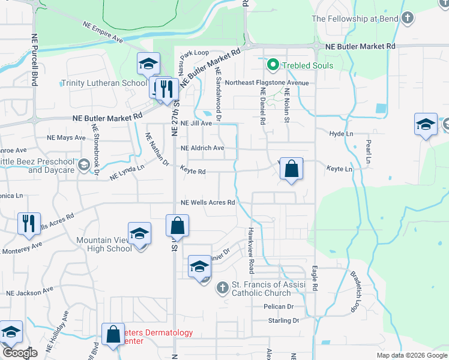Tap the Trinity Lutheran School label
pyautogui.click(x=104, y=83)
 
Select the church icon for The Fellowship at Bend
pyautogui.click(x=408, y=18)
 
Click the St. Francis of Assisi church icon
pyautogui.click(x=222, y=289)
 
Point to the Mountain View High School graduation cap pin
pyautogui.click(x=139, y=233)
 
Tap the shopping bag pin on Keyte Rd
pyautogui.click(x=291, y=169)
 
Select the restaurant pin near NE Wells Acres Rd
pyautogui.click(x=29, y=224)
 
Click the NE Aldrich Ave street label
pyautogui.click(x=202, y=148)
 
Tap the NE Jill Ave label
pyautogui.click(x=197, y=123)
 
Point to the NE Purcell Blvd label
pyautogui.click(x=35, y=59)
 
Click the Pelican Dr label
pyautogui.click(x=277, y=306)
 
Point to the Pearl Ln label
pyautogui.click(x=368, y=154)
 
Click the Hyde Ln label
pyautogui.click(x=339, y=133)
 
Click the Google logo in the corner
pyautogui.click(x=20, y=353)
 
